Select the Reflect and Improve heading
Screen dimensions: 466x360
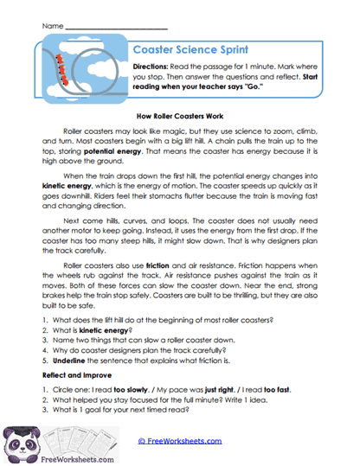tap(80, 376)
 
